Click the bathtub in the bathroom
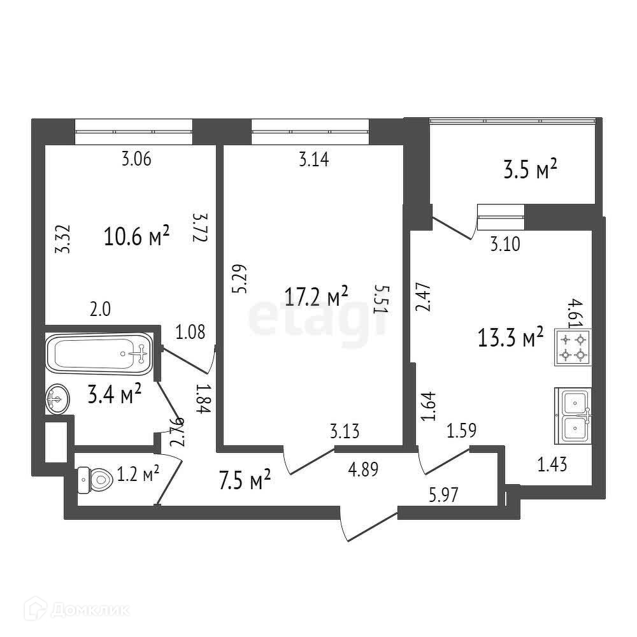click(99, 352)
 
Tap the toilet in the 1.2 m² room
click(92, 480)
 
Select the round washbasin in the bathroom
click(56, 400)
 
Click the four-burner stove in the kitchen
click(573, 347)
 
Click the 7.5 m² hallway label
click(245, 480)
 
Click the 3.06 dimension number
click(136, 160)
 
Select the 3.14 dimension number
click(314, 160)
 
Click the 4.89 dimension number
click(364, 470)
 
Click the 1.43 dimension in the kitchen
click(552, 465)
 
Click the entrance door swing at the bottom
click(357, 525)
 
